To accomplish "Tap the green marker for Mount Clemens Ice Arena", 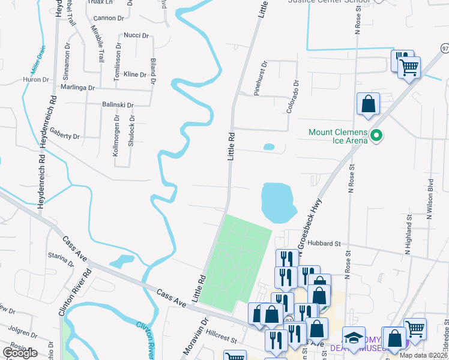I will (376, 136).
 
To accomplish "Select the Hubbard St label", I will (324, 244).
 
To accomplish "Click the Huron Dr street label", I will (35, 79).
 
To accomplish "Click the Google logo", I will (20, 353).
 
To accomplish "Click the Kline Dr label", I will (134, 74).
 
